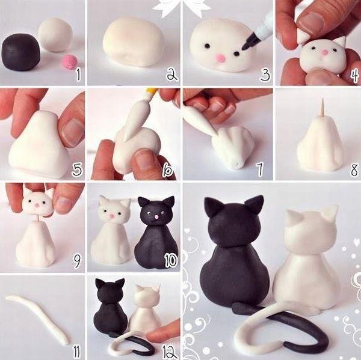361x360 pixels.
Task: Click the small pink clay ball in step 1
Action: (x=71, y=60)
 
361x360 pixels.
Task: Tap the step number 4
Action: (x=354, y=76)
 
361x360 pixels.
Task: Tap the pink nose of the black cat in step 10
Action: (x=157, y=216)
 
